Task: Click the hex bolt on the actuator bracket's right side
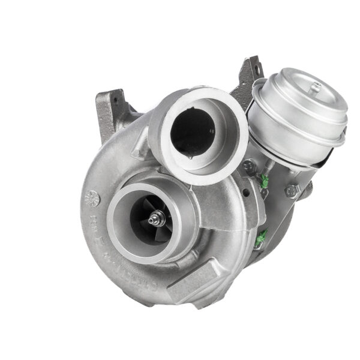point(292,191)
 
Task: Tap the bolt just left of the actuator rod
point(248,166)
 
